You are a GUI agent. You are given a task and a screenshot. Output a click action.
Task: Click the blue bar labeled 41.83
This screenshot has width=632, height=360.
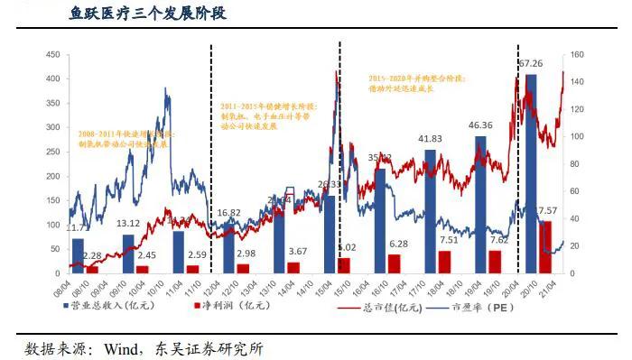click(x=430, y=211)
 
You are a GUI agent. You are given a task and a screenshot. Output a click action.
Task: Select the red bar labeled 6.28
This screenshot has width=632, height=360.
click(x=394, y=263)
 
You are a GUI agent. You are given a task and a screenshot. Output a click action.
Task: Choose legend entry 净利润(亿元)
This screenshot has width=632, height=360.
click(x=236, y=308)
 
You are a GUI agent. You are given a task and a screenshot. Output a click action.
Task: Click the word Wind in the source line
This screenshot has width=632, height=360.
click(x=124, y=348)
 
